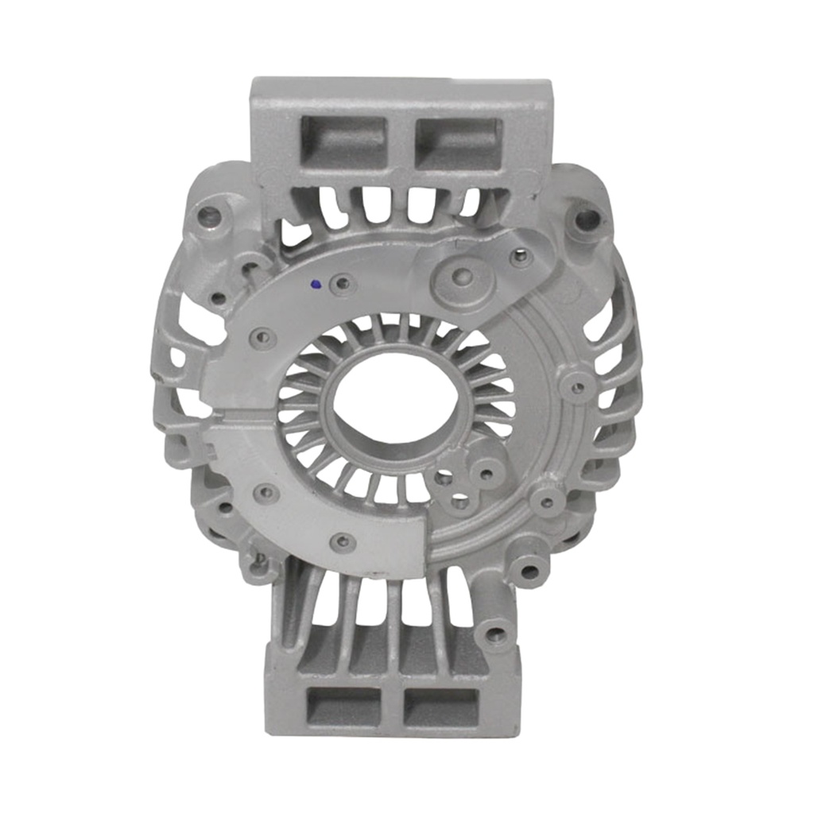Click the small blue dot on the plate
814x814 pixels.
[316, 284]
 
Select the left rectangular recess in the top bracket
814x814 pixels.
[343, 142]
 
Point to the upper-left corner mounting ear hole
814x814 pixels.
[209, 214]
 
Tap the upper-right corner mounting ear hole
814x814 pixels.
[587, 218]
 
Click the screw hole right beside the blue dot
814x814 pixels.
[343, 282]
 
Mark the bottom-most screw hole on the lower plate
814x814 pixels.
[343, 542]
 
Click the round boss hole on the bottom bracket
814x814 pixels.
[495, 634]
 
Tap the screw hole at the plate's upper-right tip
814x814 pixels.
[521, 256]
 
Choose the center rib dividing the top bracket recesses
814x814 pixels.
[401, 142]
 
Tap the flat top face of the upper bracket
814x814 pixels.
[397, 87]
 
